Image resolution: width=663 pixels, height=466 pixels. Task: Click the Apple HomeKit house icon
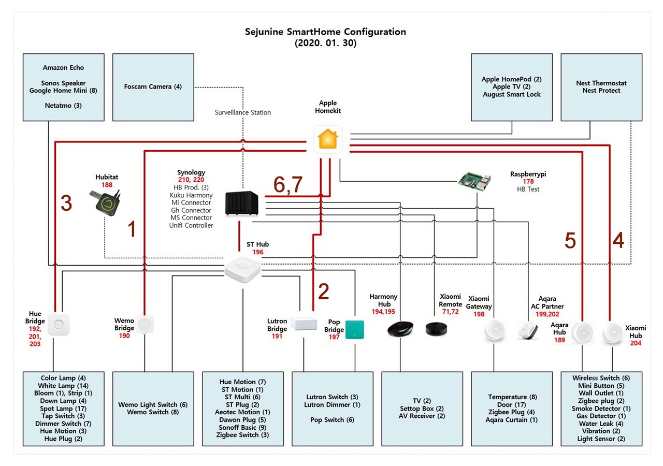[328, 139]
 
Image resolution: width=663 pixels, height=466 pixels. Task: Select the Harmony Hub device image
[400, 328]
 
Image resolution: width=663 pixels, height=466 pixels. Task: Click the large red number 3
[66, 204]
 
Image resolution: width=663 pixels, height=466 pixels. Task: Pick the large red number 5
[570, 241]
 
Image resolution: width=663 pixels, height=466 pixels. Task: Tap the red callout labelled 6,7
[288, 185]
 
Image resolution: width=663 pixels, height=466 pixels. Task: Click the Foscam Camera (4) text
[153, 86]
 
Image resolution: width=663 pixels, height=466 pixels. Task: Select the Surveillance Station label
[242, 112]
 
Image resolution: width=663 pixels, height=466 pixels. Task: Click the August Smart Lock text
[511, 94]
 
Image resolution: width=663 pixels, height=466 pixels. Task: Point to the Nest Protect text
[601, 91]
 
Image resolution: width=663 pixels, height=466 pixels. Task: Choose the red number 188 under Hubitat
[107, 185]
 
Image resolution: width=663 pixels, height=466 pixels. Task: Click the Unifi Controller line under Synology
[191, 225]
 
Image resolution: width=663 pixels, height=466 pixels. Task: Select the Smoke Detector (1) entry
[601, 409]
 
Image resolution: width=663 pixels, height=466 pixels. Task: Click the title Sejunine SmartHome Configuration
[325, 32]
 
